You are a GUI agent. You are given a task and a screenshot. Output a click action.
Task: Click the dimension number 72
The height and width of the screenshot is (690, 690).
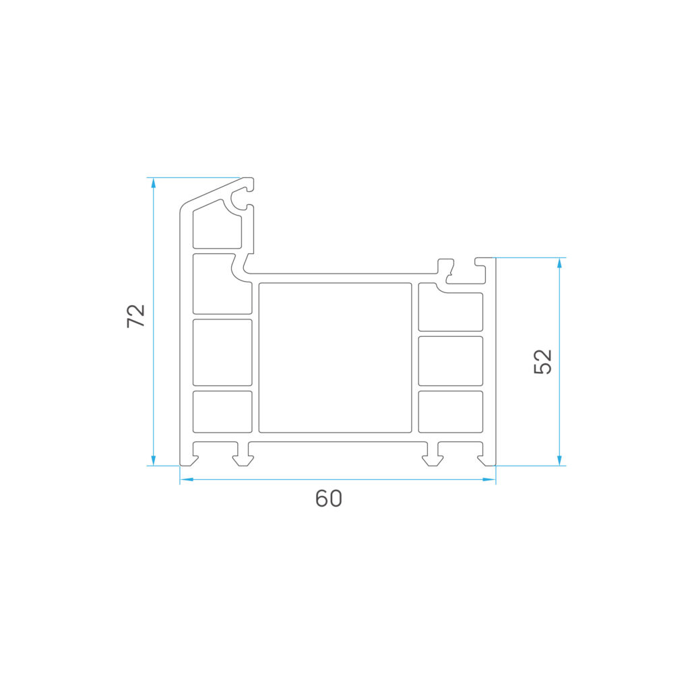(136, 315)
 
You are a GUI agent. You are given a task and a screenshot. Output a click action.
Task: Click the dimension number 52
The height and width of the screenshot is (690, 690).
(542, 361)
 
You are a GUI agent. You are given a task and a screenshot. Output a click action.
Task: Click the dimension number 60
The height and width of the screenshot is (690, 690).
(329, 499)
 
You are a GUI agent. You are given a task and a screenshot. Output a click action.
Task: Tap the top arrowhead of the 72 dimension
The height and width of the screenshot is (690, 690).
(153, 183)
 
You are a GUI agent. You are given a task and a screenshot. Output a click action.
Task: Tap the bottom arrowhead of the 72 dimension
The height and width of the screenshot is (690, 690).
(153, 460)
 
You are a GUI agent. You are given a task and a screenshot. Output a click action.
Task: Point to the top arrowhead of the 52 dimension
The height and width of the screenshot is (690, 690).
(559, 263)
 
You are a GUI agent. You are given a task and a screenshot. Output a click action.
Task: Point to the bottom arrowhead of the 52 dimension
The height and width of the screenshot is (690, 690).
(559, 460)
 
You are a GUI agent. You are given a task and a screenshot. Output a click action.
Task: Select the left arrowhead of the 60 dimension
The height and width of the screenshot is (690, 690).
(187, 479)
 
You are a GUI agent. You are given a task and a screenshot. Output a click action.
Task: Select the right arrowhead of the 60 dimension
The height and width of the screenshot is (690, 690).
(489, 479)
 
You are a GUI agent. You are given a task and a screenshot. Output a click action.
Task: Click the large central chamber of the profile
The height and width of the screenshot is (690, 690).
(336, 358)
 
